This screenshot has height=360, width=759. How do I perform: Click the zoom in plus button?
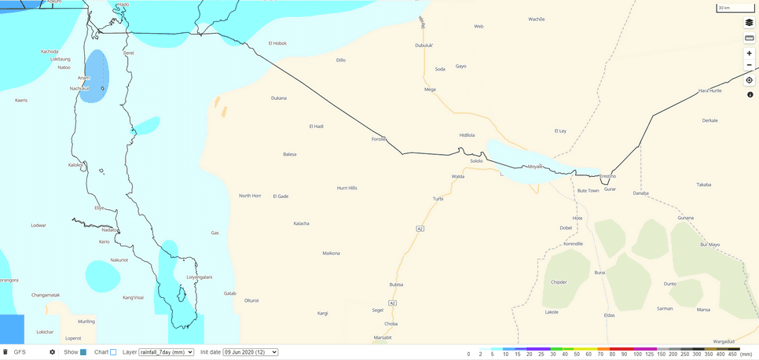click(749, 53)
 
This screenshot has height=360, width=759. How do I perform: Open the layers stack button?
click(749, 23)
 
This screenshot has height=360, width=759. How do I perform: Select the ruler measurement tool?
click(749, 38)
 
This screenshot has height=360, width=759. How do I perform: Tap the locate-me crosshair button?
click(749, 80)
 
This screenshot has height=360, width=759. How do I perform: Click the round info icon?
click(750, 94)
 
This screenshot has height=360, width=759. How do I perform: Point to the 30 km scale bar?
click(727, 9)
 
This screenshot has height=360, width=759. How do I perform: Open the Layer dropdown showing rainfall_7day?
click(166, 352)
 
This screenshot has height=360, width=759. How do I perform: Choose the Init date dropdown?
click(250, 352)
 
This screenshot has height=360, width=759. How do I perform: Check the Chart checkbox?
click(113, 352)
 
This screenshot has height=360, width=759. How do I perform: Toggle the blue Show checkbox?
click(82, 352)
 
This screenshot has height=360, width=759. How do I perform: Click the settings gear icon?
click(53, 352)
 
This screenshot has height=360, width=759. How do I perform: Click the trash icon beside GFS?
click(5, 352)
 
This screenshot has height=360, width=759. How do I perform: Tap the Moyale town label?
click(535, 167)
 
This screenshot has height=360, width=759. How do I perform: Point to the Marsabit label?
click(383, 337)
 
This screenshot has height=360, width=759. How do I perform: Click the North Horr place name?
click(250, 195)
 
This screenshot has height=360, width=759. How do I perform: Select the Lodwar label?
click(38, 226)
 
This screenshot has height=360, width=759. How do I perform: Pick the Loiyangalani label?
click(200, 277)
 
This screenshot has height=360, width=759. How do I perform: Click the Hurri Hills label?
click(346, 188)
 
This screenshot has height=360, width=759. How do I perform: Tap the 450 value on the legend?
click(731, 354)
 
